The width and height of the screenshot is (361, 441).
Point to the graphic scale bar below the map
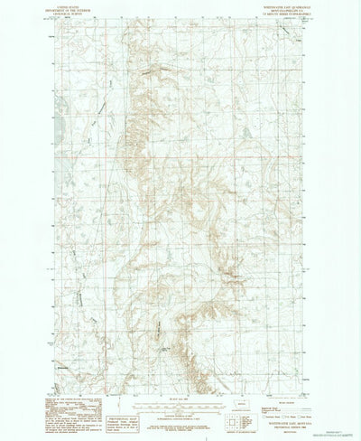coord(179,399)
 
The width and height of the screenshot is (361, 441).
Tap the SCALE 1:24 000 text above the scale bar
coord(179,392)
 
